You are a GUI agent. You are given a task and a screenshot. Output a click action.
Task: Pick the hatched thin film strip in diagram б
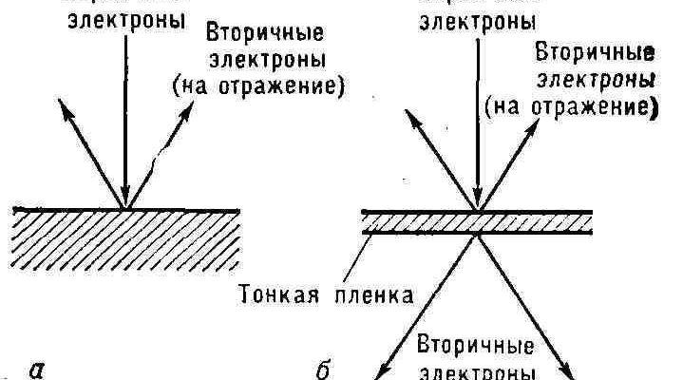coord(478,223)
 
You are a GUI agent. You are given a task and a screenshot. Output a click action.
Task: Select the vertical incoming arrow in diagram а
coord(125,123)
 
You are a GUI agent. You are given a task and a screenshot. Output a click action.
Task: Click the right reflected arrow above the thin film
coord(513,157)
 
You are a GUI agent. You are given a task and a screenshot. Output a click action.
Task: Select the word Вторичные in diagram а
coord(264,32)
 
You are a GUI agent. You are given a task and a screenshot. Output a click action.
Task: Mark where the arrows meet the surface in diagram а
coord(125,209)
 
